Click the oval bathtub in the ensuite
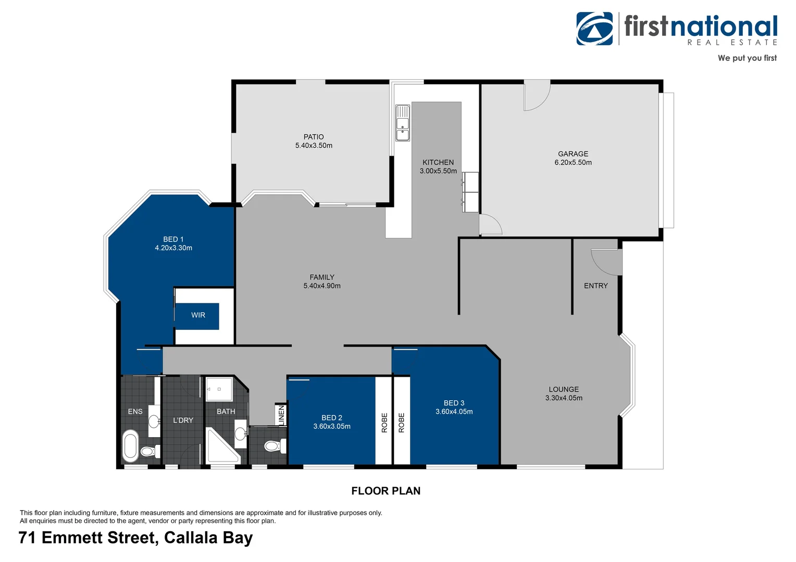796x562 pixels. [x=131, y=446]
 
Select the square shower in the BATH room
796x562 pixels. [x=219, y=389]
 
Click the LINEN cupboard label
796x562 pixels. [x=281, y=415]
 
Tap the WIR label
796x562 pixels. [x=198, y=315]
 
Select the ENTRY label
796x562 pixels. [x=595, y=286]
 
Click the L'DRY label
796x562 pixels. [x=183, y=420]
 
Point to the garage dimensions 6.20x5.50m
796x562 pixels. [x=573, y=162]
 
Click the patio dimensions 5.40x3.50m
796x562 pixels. [x=314, y=146]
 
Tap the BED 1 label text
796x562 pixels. [x=173, y=239]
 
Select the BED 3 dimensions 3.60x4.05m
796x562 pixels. [x=454, y=412]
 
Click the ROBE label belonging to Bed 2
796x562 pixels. [x=384, y=423]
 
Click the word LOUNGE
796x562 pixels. [x=564, y=389]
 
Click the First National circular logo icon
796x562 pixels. [x=594, y=29]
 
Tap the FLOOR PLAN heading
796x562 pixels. [x=385, y=491]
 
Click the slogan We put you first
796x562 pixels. [x=747, y=58]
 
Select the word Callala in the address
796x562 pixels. [x=191, y=538]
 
